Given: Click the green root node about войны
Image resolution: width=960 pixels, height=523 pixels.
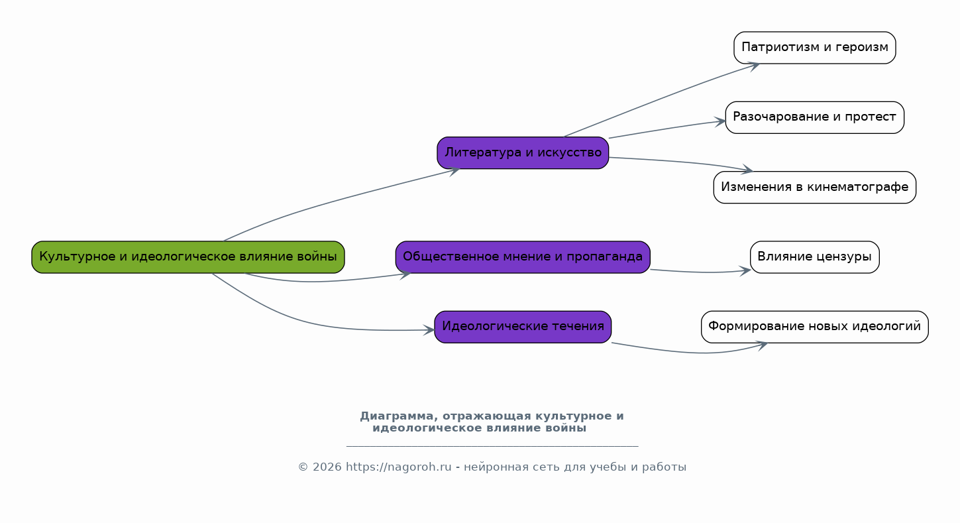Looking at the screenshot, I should click(x=188, y=257).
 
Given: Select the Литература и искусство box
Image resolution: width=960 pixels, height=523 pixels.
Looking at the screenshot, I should click(x=523, y=153).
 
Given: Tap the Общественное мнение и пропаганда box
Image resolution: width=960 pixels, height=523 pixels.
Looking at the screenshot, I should click(x=523, y=257).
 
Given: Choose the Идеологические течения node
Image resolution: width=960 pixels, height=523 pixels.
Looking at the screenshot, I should click(x=523, y=327).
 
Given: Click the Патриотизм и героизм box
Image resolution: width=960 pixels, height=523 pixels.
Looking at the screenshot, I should click(x=814, y=48).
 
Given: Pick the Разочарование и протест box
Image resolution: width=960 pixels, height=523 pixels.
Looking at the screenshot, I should click(x=814, y=117).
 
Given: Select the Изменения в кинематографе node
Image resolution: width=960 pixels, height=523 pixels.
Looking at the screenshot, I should click(x=814, y=188).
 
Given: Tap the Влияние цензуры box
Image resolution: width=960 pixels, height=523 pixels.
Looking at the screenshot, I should click(x=814, y=257).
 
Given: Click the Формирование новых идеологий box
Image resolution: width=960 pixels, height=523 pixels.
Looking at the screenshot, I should click(x=814, y=327).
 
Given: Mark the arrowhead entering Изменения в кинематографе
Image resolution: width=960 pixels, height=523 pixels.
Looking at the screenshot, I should click(x=748, y=170).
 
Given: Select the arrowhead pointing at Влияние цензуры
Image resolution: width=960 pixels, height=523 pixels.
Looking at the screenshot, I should click(x=745, y=270).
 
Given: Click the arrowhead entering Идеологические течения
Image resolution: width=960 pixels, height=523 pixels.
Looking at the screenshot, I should click(x=429, y=329).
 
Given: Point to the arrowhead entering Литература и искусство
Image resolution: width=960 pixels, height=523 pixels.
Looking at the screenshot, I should click(x=454, y=170).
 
